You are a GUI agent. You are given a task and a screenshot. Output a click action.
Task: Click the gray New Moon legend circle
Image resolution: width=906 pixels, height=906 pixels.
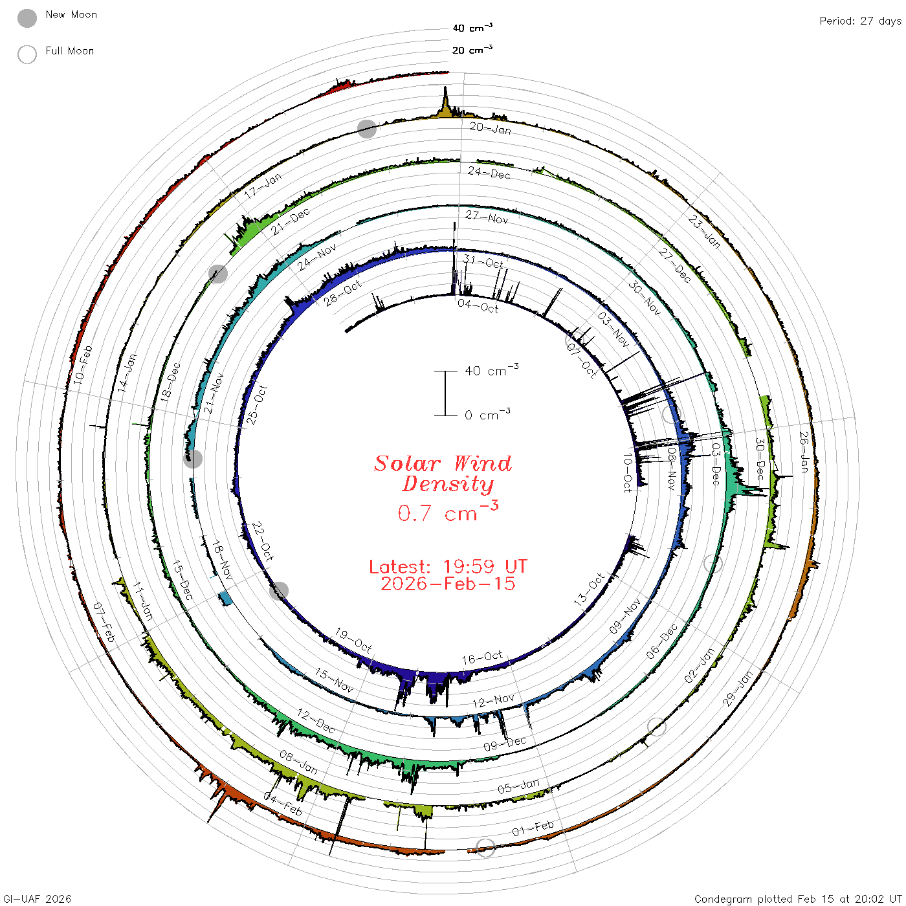pos(27,18)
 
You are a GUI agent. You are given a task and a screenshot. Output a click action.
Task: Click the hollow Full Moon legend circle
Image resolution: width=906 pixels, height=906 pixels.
pos(27,54)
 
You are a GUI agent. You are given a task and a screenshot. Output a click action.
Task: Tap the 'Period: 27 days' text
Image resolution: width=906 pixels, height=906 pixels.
pos(860,21)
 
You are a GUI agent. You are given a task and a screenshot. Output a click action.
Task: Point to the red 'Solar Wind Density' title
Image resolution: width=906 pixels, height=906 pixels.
pos(443,474)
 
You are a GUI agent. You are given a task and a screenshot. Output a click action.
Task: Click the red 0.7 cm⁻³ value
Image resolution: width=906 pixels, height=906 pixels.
pos(447,511)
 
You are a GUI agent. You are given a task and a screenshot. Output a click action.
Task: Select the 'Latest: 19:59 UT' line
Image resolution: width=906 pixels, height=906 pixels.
pos(448,566)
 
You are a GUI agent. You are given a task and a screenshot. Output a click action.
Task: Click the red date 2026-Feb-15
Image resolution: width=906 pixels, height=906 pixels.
pos(448,584)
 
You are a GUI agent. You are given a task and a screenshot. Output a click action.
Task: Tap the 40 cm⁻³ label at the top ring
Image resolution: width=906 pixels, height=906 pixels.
pos(472,28)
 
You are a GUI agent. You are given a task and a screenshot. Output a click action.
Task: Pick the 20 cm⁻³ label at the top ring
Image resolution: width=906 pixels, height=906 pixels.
pos(472,49)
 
